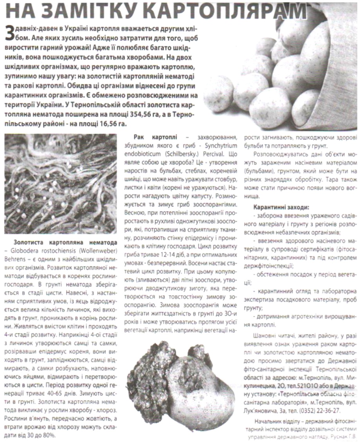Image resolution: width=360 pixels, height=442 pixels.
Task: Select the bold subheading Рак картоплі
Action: pos(155,137)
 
